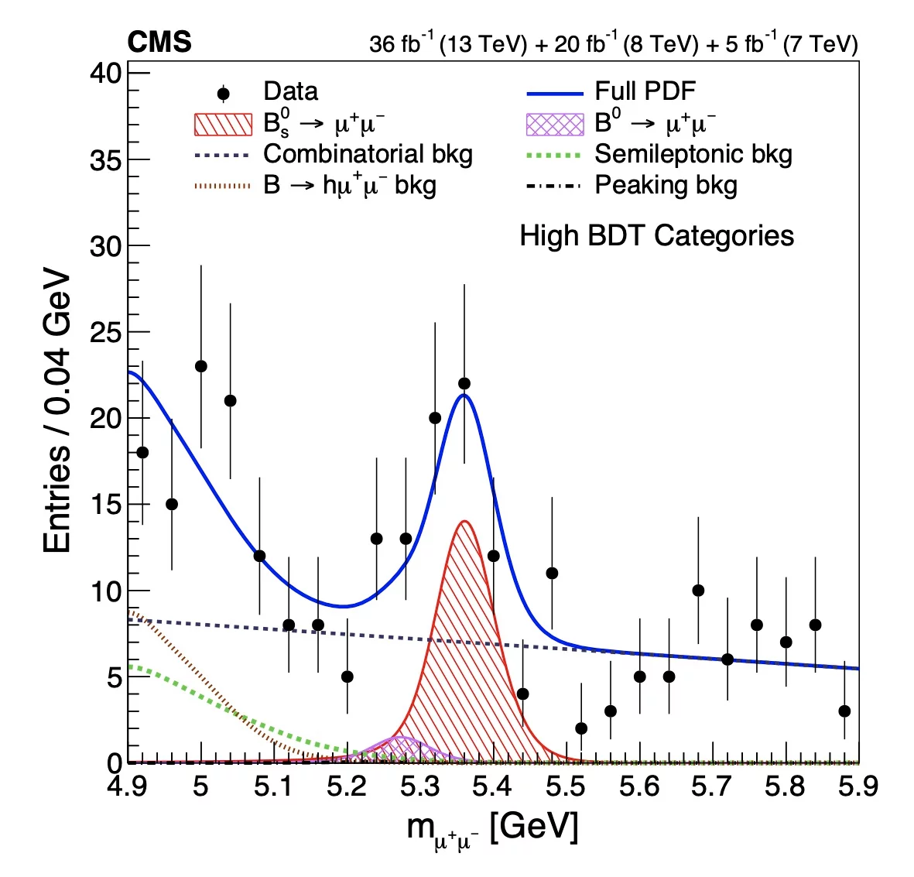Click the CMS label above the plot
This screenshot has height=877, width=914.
click(x=159, y=42)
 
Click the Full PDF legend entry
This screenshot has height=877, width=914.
click(x=645, y=91)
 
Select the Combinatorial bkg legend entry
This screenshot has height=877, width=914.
click(x=368, y=154)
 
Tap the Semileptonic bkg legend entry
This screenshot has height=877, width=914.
click(x=693, y=154)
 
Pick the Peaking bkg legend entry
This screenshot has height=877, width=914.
click(x=666, y=186)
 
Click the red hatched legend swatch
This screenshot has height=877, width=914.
click(x=223, y=124)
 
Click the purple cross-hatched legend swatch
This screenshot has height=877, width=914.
click(x=554, y=124)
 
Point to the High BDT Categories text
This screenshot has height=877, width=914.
click(x=656, y=235)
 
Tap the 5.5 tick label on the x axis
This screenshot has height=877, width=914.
click(x=566, y=786)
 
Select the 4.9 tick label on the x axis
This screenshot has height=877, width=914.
click(x=128, y=786)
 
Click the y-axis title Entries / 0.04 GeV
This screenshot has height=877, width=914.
click(x=58, y=411)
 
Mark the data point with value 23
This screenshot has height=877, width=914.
click(x=201, y=366)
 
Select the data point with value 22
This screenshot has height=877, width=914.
click(x=464, y=383)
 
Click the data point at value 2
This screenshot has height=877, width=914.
click(x=581, y=728)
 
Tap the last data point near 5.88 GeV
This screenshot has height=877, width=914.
click(x=844, y=711)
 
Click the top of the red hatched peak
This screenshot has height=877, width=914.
click(x=464, y=522)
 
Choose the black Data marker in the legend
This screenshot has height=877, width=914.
click(x=223, y=94)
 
